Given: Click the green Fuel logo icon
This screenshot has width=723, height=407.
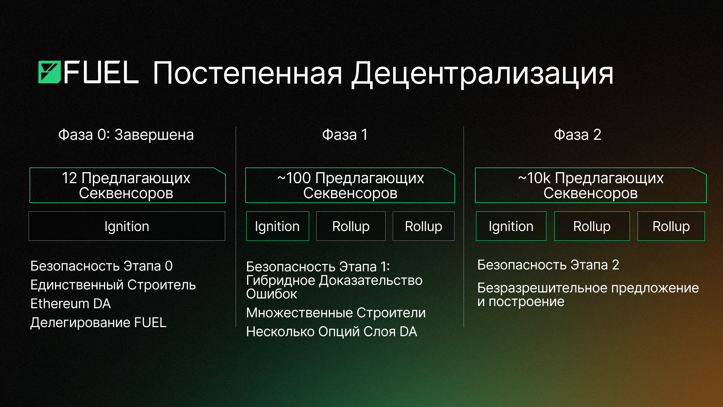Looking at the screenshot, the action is tap(49, 72).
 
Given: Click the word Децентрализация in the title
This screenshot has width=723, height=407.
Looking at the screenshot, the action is tap(482, 74).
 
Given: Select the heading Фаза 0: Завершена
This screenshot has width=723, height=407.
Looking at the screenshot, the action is tap(126, 135).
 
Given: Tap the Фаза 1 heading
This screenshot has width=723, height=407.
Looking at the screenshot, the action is tap(345, 135).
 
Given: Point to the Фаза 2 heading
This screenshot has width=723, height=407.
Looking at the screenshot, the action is tap(578, 135).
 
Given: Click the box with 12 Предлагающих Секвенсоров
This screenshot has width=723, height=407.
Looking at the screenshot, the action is tap(127, 185).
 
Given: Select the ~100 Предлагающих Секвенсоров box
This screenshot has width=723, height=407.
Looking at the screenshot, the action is tap(350, 185).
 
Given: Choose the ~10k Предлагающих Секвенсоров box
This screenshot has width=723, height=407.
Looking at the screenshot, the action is tap(590, 185).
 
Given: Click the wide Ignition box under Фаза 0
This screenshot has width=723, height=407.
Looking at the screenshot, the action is tap(127, 226).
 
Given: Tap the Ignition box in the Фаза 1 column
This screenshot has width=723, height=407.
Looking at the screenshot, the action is tap(278, 226).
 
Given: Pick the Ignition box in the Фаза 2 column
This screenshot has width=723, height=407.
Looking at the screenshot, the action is tap(511, 226).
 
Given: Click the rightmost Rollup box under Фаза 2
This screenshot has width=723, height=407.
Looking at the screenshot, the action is tap(671, 226).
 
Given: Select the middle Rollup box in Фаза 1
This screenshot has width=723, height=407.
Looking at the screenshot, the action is tap(351, 226).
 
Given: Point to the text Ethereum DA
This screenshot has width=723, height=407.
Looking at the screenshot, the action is tap(71, 304).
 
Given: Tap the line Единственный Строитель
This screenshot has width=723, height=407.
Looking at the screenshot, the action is tap(113, 285).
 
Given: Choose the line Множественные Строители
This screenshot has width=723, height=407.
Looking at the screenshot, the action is tap(336, 313).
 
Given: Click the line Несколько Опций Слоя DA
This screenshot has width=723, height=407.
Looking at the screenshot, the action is tap(332, 332).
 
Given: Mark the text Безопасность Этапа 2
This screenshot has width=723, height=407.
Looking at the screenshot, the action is tap(548, 265).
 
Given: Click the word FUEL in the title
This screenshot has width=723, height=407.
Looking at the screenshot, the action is tap(101, 72).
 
